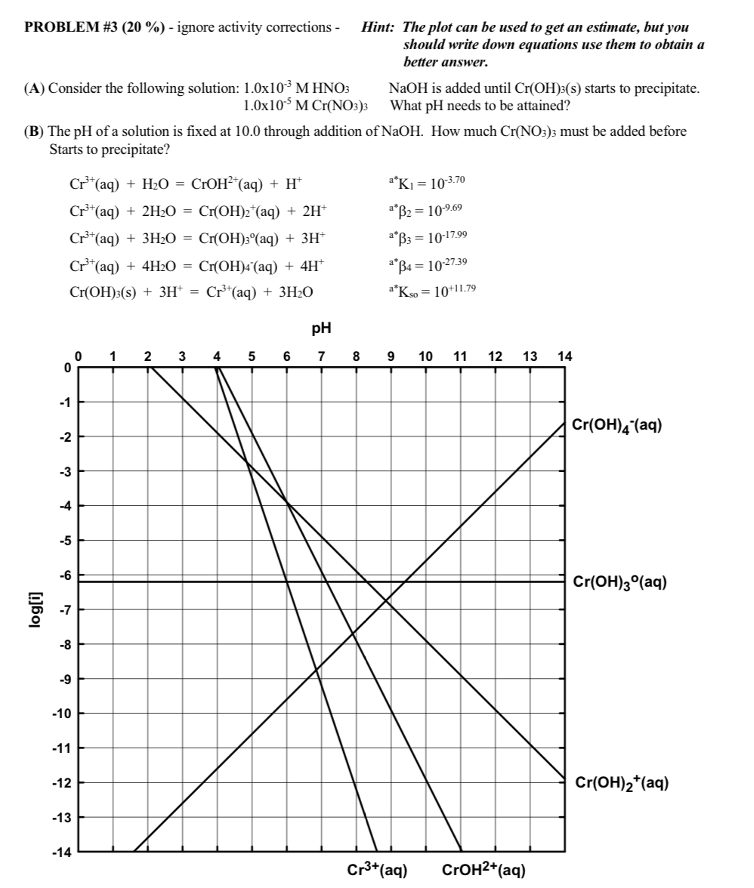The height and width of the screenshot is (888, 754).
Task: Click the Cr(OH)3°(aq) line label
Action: click(619, 582)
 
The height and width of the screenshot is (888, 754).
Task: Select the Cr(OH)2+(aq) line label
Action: click(620, 783)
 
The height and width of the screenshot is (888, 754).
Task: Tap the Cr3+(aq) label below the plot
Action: click(378, 870)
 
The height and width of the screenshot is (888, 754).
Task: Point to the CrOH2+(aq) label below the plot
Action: click(484, 870)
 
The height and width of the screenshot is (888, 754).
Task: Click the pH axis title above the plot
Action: click(321, 329)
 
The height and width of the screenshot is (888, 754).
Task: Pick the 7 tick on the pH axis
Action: click(321, 356)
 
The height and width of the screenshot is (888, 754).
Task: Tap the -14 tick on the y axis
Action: click(63, 853)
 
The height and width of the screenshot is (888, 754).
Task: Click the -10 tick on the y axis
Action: click(63, 714)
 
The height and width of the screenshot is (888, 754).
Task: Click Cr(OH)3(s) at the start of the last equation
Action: click(96, 291)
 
